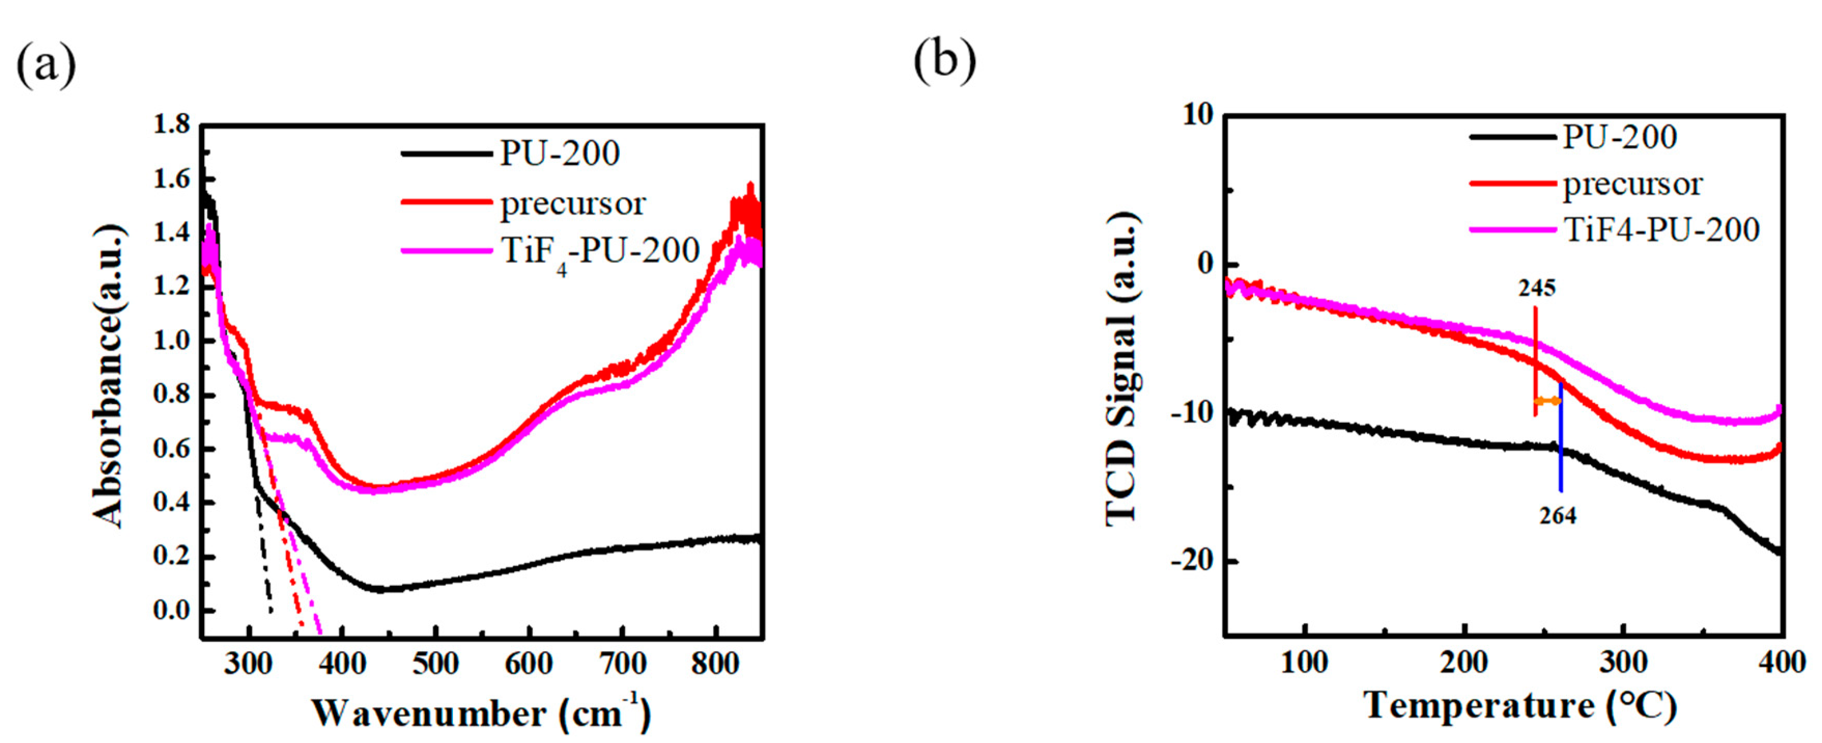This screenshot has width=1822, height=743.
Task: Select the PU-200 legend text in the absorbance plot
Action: pyautogui.click(x=560, y=153)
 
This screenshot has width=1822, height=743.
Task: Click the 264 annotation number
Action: pyautogui.click(x=1558, y=516)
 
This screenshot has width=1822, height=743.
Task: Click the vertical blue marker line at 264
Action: pyautogui.click(x=1560, y=453)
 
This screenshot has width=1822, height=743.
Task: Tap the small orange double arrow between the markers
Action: pyautogui.click(x=1547, y=401)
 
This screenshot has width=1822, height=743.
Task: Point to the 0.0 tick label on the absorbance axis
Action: pyautogui.click(x=172, y=610)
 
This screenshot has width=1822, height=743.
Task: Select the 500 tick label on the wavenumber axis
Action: pyautogui.click(x=436, y=664)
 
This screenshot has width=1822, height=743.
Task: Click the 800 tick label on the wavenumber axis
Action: pyautogui.click(x=716, y=664)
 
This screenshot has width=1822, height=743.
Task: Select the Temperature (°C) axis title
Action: pyautogui.click(x=1521, y=706)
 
